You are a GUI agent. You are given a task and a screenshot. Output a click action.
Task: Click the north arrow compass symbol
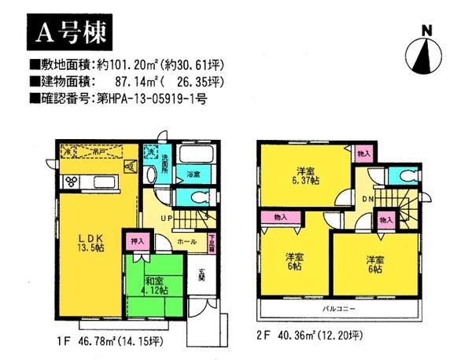coord(428,50)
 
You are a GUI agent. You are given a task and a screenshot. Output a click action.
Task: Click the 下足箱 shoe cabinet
coord(212,244)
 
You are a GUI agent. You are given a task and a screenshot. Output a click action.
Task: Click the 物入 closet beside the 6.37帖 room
coord(363,155)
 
